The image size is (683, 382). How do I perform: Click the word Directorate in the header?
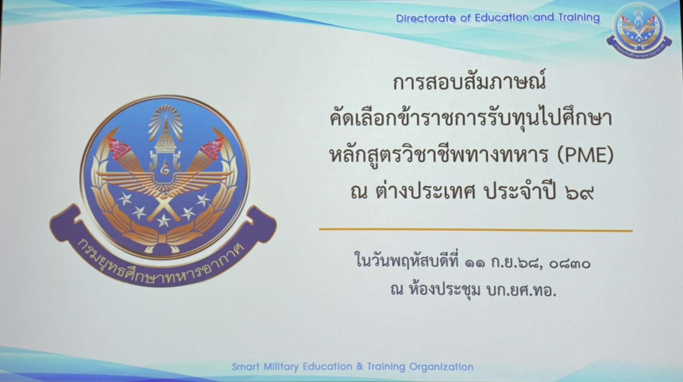pyautogui.click(x=426, y=18)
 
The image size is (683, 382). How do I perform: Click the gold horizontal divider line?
pyautogui.click(x=476, y=230)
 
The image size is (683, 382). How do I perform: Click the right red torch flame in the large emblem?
pyautogui.click(x=212, y=148)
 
